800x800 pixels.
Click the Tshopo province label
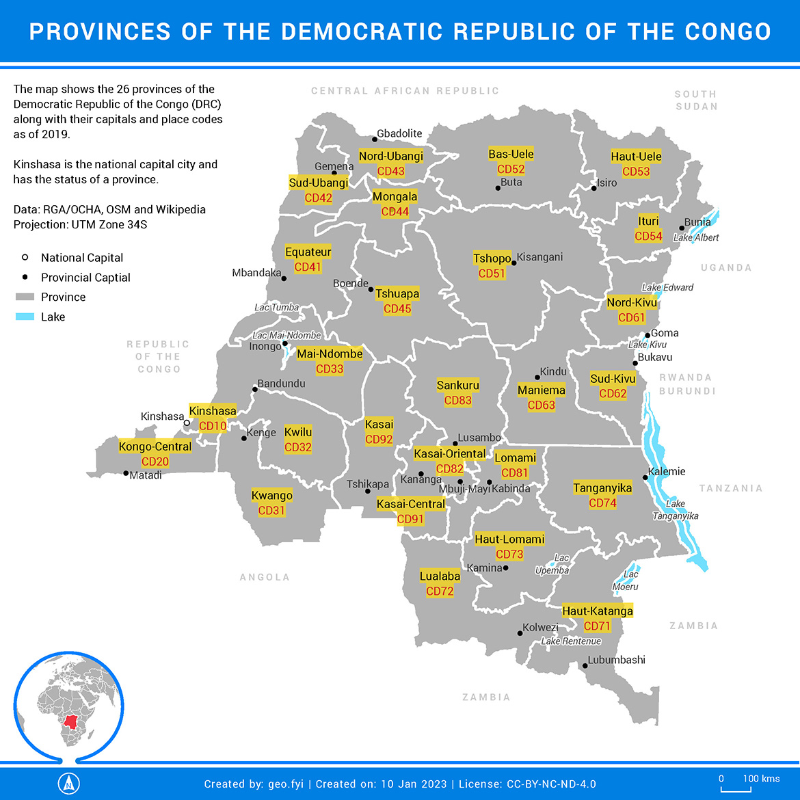(x=492, y=258)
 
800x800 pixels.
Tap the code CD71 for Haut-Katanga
(x=597, y=626)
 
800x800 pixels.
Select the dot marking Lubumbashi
(x=585, y=665)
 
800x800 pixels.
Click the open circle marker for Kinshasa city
(x=187, y=423)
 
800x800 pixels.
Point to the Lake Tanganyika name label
(x=676, y=510)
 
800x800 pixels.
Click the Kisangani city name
(x=539, y=257)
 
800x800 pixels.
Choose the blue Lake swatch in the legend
(x=25, y=317)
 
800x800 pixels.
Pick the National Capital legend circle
(x=25, y=258)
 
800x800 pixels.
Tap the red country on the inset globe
(x=70, y=721)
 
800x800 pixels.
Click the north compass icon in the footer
(x=68, y=784)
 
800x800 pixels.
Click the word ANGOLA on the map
(x=265, y=578)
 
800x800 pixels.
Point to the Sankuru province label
(x=457, y=386)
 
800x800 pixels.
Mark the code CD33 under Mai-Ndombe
(x=330, y=369)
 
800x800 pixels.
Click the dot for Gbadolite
(x=375, y=139)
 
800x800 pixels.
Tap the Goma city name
(x=665, y=333)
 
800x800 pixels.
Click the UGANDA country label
(x=726, y=268)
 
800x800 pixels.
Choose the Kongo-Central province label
(x=155, y=447)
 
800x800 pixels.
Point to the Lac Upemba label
(x=552, y=565)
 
